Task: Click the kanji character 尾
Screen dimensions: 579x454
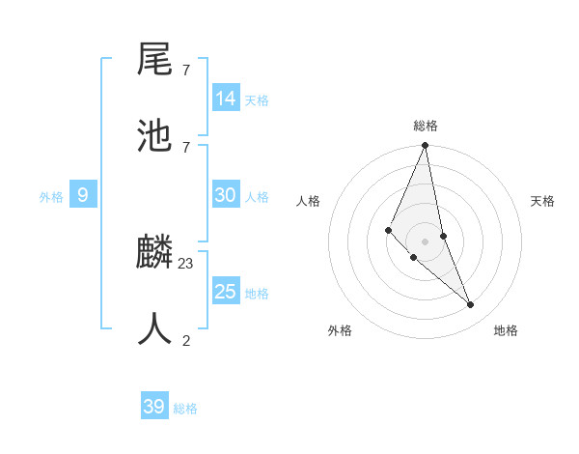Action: [x=154, y=62]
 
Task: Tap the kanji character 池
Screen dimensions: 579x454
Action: [x=154, y=137]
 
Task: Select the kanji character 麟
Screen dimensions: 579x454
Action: [x=154, y=254]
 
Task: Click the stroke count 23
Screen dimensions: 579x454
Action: [x=186, y=263]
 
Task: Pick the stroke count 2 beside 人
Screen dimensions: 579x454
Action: [x=186, y=339]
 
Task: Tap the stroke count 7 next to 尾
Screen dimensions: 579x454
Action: [x=186, y=71]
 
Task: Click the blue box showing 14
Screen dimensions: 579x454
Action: [x=226, y=99]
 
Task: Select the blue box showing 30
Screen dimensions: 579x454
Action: [x=226, y=195]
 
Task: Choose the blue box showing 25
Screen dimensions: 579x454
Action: [x=226, y=292]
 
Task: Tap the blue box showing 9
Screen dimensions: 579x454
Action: [x=83, y=196]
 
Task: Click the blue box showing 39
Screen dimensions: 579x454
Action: [x=153, y=407]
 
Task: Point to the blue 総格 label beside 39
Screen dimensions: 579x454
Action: [x=185, y=409]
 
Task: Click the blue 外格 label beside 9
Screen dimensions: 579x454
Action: [x=51, y=197]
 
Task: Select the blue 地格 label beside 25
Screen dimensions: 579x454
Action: [x=257, y=294]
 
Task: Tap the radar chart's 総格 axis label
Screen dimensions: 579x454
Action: [x=425, y=126]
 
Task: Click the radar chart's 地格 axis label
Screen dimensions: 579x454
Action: [x=506, y=330]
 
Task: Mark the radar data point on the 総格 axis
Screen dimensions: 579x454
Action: [x=425, y=146]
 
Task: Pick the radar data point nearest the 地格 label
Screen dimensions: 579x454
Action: [x=471, y=304]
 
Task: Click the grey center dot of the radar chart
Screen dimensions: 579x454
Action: [x=425, y=241]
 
